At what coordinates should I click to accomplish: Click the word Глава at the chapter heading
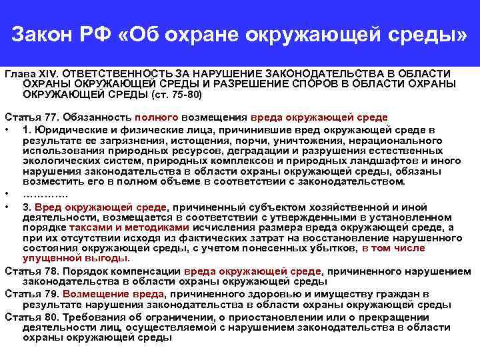click(x=19, y=73)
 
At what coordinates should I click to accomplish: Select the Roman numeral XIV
click(x=48, y=73)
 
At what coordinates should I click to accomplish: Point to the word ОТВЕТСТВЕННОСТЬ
click(x=118, y=73)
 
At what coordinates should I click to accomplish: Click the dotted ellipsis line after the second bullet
click(x=45, y=193)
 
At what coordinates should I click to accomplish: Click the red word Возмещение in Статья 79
click(x=97, y=294)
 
